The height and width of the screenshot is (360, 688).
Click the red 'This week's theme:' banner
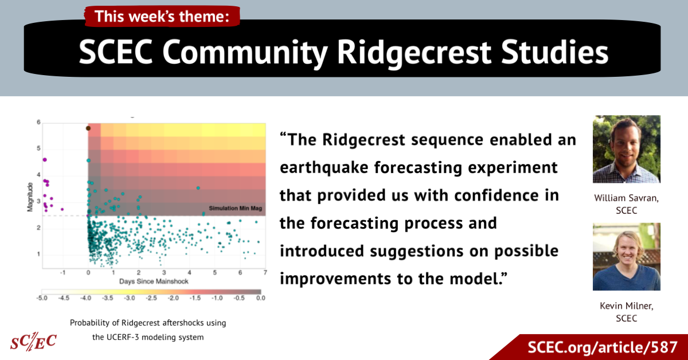coord(162,16)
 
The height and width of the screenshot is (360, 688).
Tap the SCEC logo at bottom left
coord(33,341)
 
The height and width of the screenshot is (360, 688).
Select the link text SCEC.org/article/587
coord(603,347)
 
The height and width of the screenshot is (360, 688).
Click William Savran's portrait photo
coord(627,149)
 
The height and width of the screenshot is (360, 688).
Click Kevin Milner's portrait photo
coord(627,256)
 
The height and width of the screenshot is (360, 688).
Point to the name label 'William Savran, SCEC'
coord(627,204)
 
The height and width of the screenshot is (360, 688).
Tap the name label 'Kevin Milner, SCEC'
coord(627,312)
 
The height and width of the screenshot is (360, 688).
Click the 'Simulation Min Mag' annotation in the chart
coord(235,208)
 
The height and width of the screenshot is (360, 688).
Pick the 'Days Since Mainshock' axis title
coord(154,281)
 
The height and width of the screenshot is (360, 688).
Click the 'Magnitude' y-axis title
coord(30,197)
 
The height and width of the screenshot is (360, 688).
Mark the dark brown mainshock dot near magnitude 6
coord(88,128)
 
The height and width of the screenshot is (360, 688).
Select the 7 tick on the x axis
coord(265,272)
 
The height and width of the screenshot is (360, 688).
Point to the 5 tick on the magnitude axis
coord(38,148)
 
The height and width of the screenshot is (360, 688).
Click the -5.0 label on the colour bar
coord(42,298)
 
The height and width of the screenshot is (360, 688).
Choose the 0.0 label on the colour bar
coord(261,298)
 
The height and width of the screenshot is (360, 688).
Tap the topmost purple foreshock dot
coord(45,160)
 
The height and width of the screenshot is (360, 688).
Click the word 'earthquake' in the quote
coord(324,168)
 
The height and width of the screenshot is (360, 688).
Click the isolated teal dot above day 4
coord(198,188)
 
